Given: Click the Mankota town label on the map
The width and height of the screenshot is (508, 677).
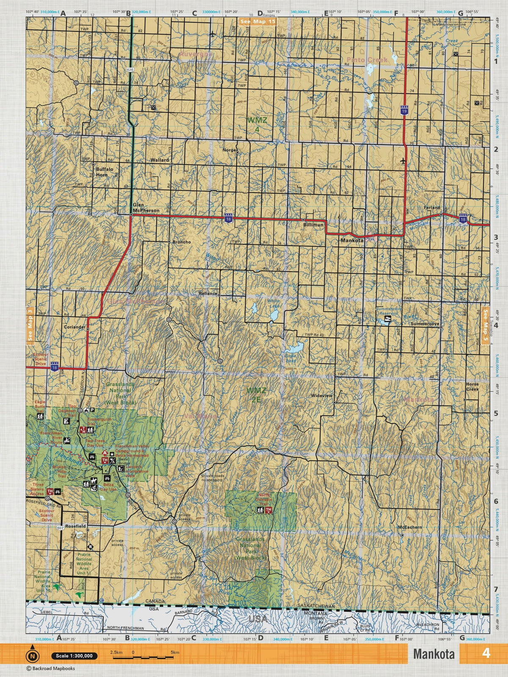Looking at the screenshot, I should coord(352,240).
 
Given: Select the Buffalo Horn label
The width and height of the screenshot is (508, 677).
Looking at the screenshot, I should coord(105,171).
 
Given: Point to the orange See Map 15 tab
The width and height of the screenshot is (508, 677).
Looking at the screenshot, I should coord(257,21).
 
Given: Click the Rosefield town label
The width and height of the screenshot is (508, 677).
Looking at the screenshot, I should coord(76,526).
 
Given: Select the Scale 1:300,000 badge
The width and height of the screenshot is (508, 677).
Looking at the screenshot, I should coord(73,656).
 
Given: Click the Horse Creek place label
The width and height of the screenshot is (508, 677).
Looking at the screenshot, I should coord(472,387).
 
